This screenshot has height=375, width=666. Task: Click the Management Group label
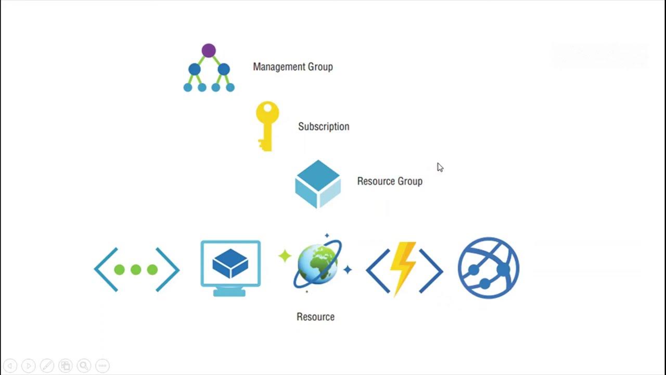pyautogui.click(x=292, y=67)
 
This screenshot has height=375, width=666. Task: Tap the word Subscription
pyautogui.click(x=323, y=127)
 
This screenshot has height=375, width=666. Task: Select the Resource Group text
pyautogui.click(x=389, y=181)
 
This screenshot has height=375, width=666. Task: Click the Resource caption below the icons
pyautogui.click(x=315, y=317)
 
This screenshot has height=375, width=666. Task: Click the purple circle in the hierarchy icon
pyautogui.click(x=209, y=51)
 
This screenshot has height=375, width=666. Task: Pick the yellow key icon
pyautogui.click(x=267, y=126)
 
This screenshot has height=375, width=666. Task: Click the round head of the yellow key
pyautogui.click(x=267, y=112)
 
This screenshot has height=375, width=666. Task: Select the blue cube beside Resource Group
pyautogui.click(x=318, y=184)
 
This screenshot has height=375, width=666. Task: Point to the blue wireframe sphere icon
pyautogui.click(x=488, y=268)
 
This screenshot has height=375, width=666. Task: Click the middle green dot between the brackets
pyautogui.click(x=136, y=269)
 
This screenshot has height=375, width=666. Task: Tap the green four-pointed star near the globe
pyautogui.click(x=285, y=256)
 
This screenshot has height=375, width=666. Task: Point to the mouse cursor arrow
pyautogui.click(x=440, y=167)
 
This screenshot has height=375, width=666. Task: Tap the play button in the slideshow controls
pyautogui.click(x=29, y=366)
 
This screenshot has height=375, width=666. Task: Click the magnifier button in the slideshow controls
pyautogui.click(x=84, y=366)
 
